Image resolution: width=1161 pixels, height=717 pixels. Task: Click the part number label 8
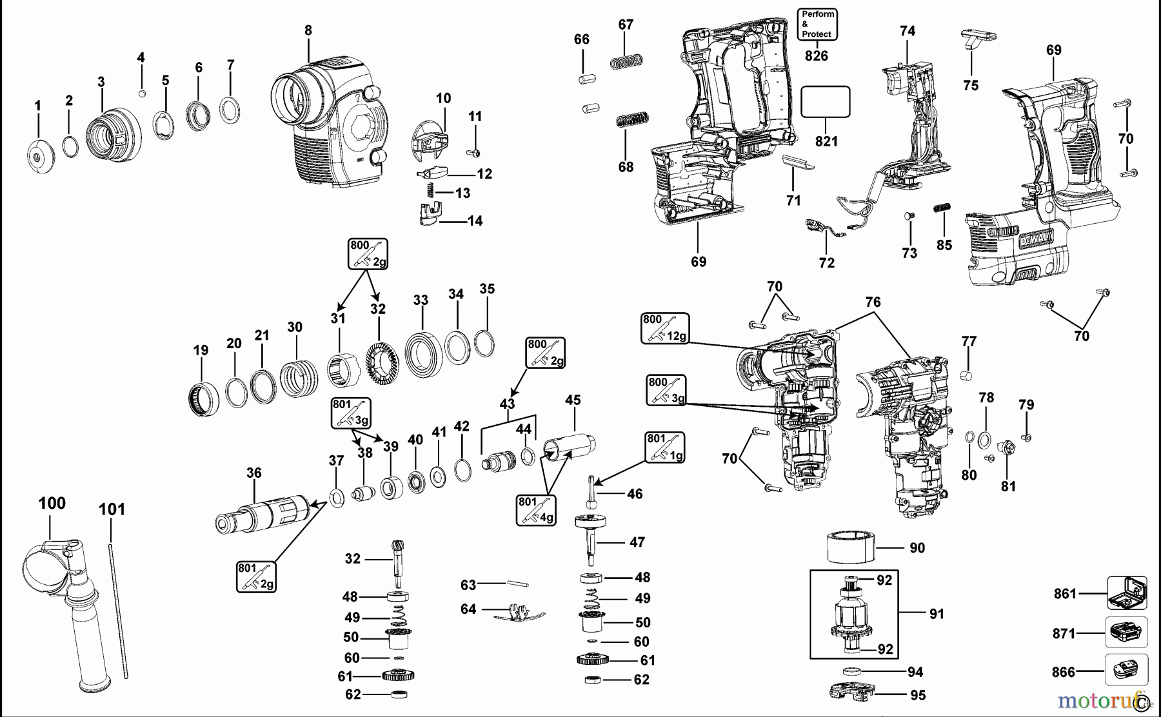point(308,30)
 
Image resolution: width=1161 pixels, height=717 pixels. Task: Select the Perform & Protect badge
point(817,25)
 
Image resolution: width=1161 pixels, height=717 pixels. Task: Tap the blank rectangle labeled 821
point(825,102)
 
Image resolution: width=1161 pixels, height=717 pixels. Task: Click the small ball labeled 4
point(143,93)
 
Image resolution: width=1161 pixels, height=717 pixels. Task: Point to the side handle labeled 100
point(58,600)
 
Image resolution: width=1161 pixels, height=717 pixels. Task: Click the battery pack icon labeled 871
point(1127,633)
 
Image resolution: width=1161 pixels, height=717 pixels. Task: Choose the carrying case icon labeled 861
point(1127,593)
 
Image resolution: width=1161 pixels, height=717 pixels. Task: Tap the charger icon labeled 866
point(1127,670)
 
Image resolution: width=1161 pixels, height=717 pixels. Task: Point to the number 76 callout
point(873,302)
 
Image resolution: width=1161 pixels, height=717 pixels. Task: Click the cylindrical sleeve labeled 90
point(851,547)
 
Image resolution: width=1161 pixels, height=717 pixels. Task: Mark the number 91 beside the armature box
point(937,614)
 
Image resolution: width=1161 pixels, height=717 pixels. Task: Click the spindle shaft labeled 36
point(261,513)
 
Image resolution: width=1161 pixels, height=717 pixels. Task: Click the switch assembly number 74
point(908,31)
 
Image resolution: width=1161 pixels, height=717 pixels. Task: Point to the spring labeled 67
point(627,62)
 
